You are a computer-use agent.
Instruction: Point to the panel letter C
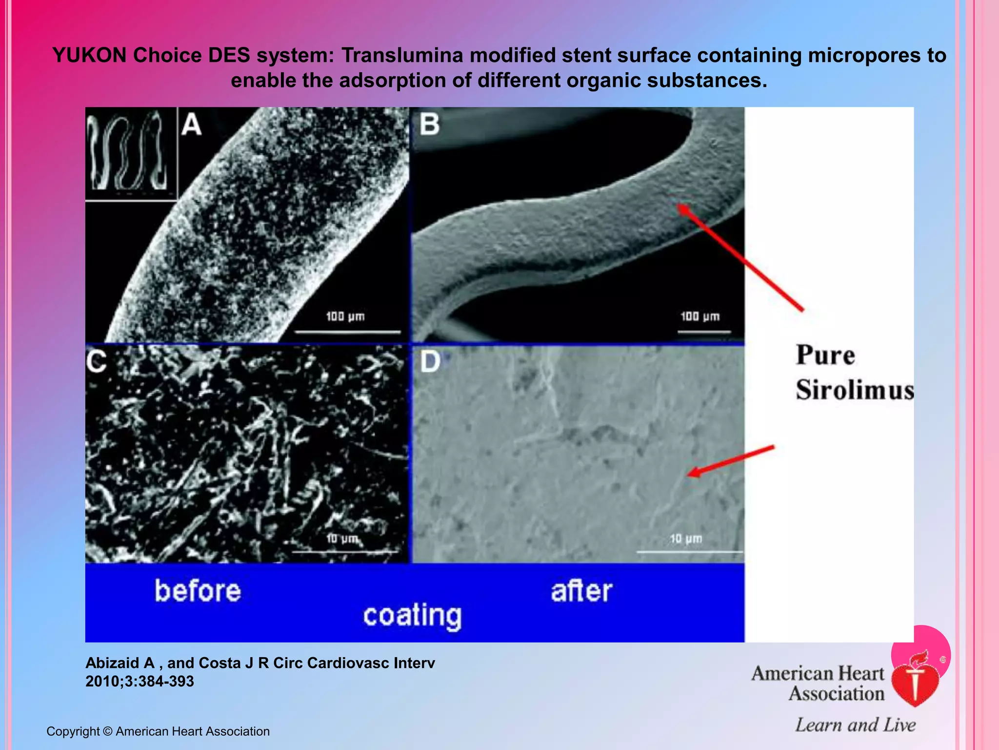click(x=96, y=362)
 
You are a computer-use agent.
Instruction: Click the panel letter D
click(x=430, y=362)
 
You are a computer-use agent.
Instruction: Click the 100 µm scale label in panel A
click(x=345, y=316)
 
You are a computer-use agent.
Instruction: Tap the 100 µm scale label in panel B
click(x=700, y=316)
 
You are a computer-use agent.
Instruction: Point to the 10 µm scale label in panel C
click(x=342, y=539)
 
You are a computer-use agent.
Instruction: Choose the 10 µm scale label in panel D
click(x=686, y=539)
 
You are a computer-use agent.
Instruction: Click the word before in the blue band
click(x=198, y=591)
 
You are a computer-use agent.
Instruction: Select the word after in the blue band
click(x=581, y=591)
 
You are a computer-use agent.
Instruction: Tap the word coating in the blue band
click(x=412, y=616)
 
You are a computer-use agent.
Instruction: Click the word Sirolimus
click(x=855, y=390)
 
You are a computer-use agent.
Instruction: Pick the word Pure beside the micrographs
click(x=825, y=355)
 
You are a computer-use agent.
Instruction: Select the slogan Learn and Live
click(x=855, y=725)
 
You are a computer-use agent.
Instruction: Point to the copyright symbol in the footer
click(x=108, y=731)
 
